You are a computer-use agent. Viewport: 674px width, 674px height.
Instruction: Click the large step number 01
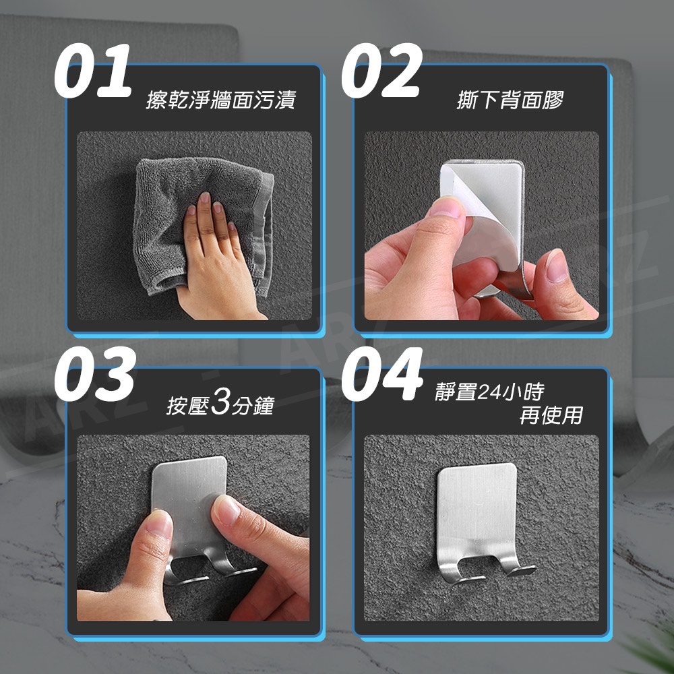click(92, 71)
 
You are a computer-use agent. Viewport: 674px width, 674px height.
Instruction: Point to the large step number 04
click(381, 374)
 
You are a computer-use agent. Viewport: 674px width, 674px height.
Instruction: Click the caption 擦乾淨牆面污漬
click(221, 100)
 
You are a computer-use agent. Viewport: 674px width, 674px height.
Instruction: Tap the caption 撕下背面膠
click(510, 100)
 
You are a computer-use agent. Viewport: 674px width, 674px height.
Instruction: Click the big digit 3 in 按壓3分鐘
click(221, 402)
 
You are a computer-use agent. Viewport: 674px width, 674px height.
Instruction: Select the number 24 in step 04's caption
click(489, 392)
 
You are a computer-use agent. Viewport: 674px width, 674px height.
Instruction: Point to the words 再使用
click(551, 415)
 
